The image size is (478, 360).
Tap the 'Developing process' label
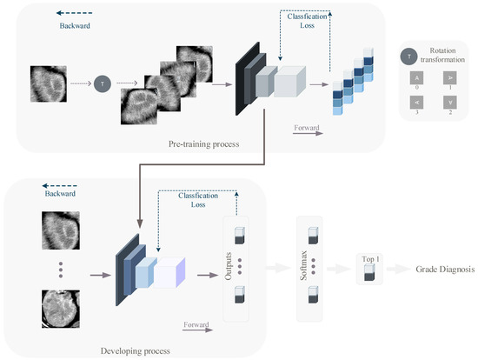point(135,350)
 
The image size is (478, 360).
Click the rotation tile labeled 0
point(408,78)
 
